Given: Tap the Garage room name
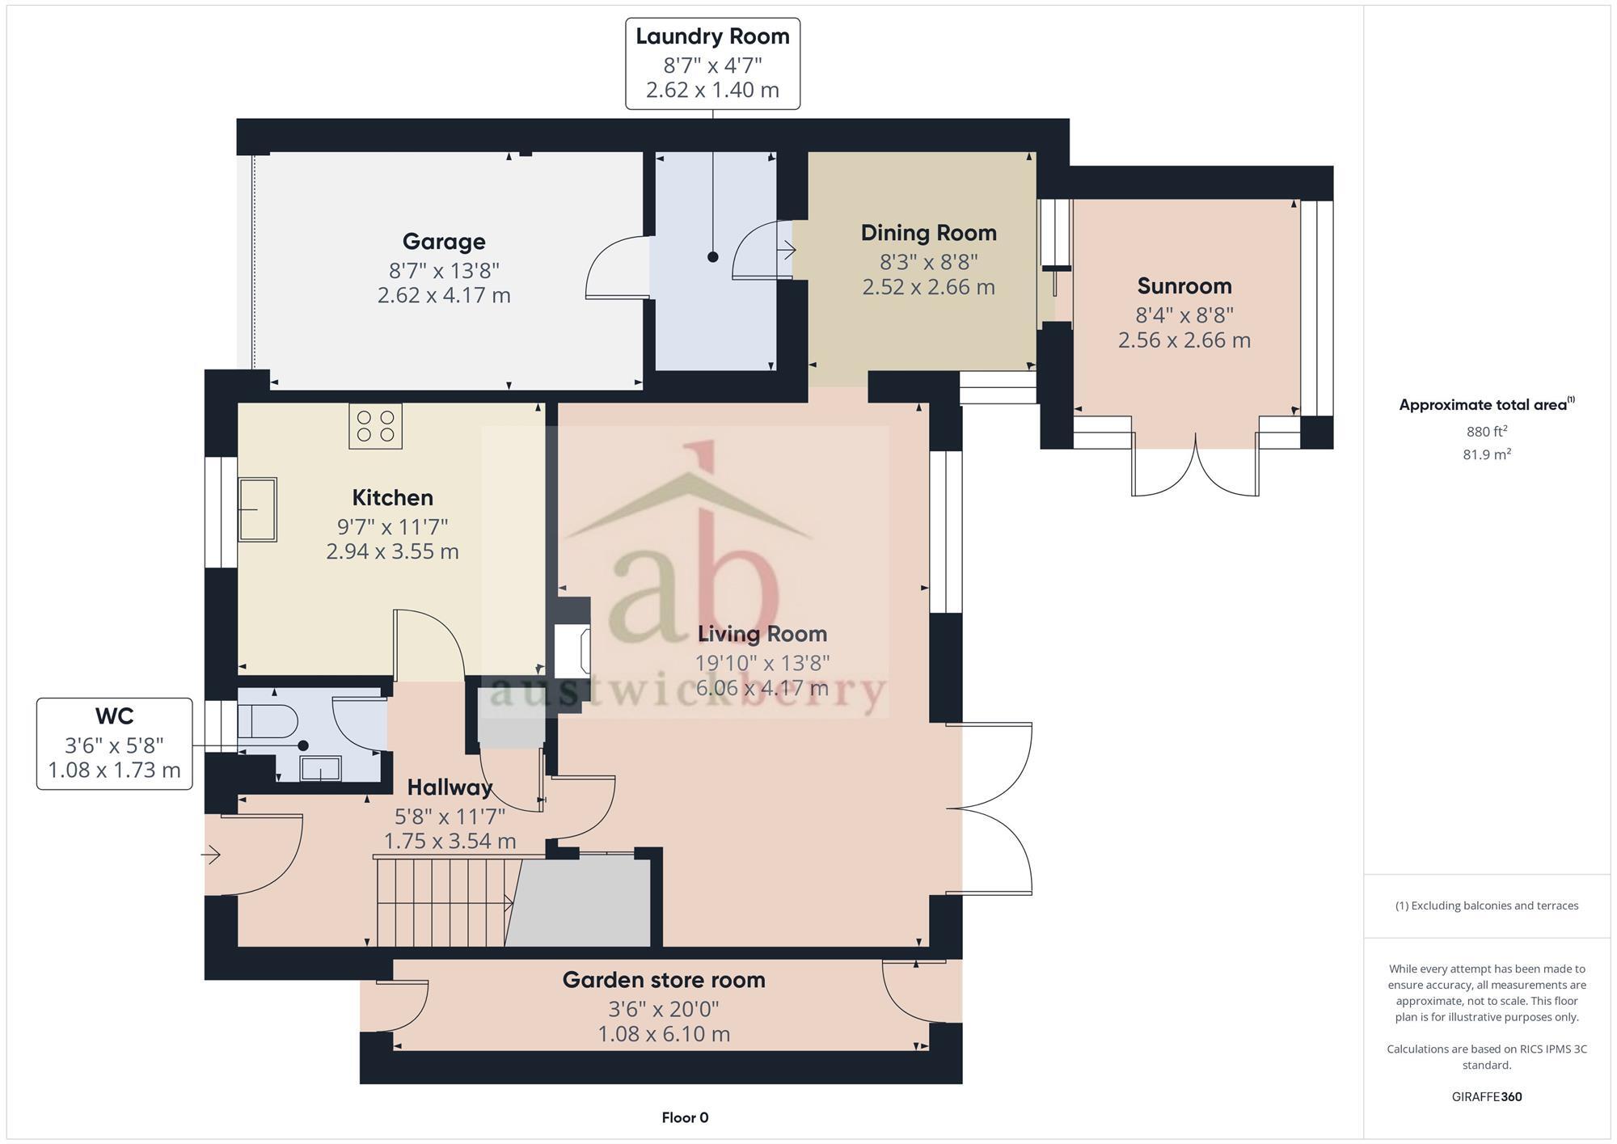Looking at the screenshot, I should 444,242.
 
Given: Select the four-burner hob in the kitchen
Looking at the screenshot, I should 375,426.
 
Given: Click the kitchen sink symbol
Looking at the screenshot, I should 257,509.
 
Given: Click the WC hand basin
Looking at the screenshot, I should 320,768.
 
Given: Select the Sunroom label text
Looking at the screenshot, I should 1184,286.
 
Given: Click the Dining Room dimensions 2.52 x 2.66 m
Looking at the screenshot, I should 928,287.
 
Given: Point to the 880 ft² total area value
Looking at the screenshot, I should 1486,432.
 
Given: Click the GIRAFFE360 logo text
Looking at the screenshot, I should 1486,1097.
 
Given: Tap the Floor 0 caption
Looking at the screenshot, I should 685,1118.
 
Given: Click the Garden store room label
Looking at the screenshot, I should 663,981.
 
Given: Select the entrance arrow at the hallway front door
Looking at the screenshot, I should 212,854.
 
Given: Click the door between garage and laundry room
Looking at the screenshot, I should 616,267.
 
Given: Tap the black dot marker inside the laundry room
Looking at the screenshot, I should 712,257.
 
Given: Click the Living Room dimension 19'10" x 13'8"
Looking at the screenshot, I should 762,664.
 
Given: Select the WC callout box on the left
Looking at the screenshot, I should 114,744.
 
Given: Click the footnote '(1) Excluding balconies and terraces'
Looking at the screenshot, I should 1486,906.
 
